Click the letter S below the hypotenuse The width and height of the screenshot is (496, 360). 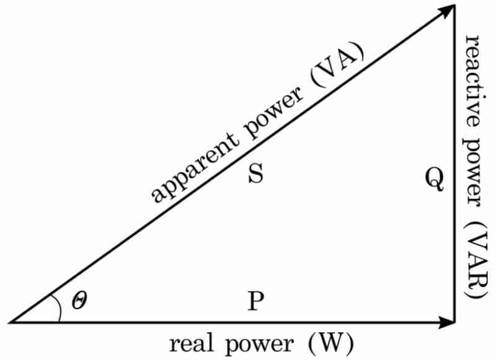[x=256, y=175]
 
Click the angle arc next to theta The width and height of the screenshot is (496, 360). [x=57, y=307]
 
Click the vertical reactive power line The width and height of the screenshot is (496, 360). [x=456, y=186]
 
